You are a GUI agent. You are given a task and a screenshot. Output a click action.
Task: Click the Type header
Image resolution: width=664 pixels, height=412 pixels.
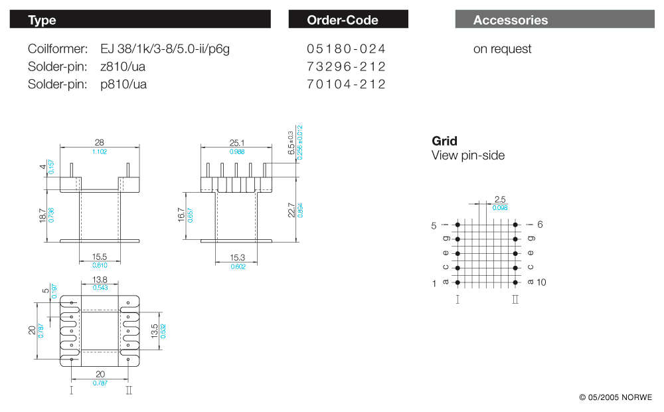pos(42,20)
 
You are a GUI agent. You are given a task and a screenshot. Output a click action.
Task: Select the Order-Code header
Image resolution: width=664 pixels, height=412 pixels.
pos(343,20)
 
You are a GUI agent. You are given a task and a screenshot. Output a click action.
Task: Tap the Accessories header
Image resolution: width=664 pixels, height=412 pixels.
pos(511,20)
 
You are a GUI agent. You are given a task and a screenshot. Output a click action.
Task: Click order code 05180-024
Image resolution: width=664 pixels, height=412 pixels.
pos(346,49)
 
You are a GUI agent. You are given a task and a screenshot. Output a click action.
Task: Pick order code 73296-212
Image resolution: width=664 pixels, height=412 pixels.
pos(346,66)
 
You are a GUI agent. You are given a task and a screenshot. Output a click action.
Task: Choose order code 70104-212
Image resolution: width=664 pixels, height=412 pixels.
pos(346,84)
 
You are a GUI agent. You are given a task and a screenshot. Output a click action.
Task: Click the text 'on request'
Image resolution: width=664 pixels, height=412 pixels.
pos(502,49)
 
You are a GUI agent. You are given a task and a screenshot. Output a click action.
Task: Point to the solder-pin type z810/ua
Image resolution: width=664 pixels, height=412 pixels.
pos(124,66)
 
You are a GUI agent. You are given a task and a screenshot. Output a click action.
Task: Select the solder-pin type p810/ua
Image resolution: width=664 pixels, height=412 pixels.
pos(124,84)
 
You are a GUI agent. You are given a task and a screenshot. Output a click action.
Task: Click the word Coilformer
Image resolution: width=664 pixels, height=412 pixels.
pos(58,49)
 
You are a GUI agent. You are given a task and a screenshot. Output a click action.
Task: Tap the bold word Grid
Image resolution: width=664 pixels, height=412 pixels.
pos(444,141)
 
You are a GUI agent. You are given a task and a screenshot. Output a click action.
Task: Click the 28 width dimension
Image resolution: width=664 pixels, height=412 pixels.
pos(100,143)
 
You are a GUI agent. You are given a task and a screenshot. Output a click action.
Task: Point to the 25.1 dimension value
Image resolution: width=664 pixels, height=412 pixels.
pos(237,143)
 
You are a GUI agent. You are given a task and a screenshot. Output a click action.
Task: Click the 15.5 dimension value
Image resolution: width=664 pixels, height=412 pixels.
pos(99,257)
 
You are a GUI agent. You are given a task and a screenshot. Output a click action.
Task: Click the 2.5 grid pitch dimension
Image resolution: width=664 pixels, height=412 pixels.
pos(500,199)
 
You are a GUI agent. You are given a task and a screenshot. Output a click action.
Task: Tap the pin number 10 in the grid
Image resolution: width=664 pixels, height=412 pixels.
pos(541,282)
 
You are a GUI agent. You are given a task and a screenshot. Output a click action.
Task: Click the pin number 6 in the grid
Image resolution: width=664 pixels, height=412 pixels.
pos(540,225)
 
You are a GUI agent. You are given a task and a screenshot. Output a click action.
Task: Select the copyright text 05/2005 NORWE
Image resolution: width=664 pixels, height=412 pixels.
pos(616,397)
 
